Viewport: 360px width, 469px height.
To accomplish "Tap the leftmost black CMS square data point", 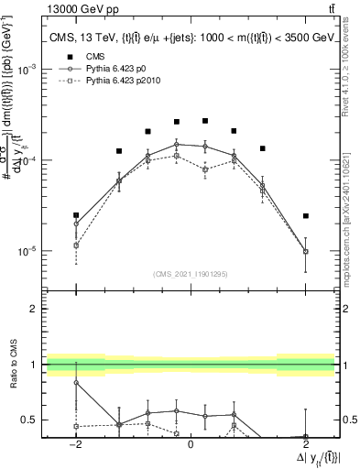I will tap(76, 215).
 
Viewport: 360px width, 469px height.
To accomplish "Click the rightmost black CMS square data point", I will tap(305, 216).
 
